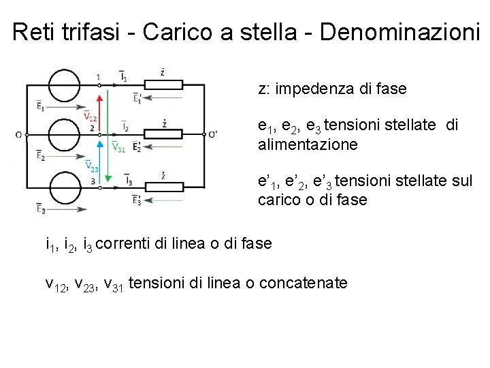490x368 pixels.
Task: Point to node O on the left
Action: pyautogui.click(x=18, y=134)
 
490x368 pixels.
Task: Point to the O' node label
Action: pyautogui.click(x=214, y=134)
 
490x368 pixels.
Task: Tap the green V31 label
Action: pyautogui.click(x=118, y=147)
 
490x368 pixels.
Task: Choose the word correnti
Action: pyautogui.click(x=126, y=243)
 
